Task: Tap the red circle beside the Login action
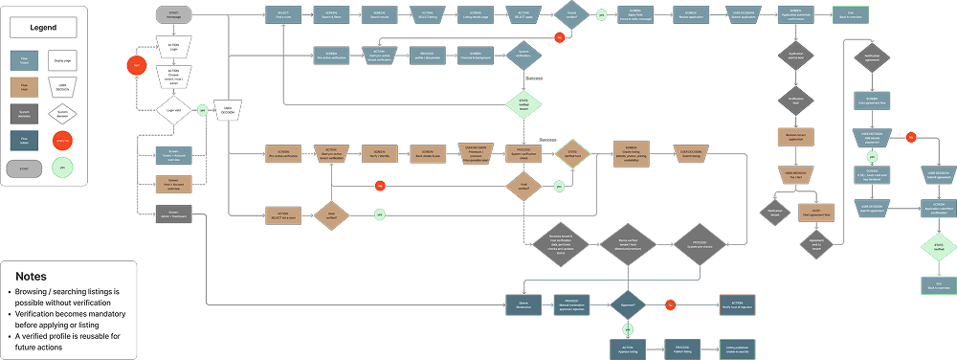[138, 66]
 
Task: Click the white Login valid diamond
[174, 110]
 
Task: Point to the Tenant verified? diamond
[571, 16]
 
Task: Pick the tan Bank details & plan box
[428, 152]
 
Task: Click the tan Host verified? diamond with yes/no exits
[523, 186]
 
